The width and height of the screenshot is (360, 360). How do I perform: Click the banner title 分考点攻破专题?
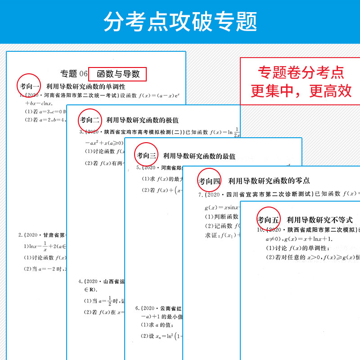[180, 22]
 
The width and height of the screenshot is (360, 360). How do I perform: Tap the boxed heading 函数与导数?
[118, 73]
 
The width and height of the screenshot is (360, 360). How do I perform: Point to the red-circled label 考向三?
[147, 156]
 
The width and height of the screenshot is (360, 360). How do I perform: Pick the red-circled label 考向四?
[209, 181]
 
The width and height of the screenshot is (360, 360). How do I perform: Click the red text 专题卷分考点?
[301, 72]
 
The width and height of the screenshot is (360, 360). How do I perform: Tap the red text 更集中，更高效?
[301, 91]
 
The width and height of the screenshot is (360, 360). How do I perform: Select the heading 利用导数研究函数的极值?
[142, 120]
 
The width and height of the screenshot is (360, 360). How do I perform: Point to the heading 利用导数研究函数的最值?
[199, 156]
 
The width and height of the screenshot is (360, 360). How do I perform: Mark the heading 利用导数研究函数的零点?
[269, 181]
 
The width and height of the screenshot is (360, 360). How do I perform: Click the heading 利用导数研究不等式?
[319, 220]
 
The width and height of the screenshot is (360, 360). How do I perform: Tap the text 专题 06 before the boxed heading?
[74, 73]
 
